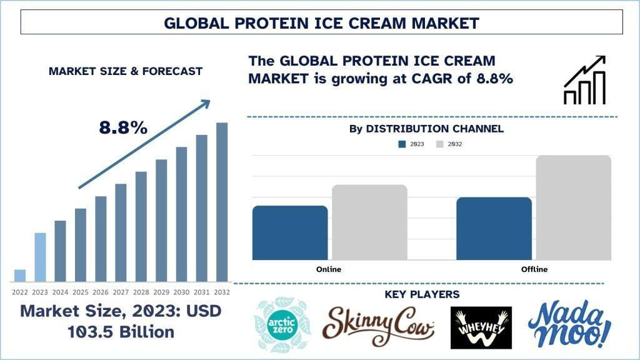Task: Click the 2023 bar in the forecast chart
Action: [x=40, y=257]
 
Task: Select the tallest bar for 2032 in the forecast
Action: [x=222, y=202]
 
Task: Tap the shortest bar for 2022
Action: [x=20, y=276]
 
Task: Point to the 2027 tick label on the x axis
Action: [x=121, y=292]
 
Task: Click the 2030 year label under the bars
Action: [x=181, y=292]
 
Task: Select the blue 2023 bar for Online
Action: [x=290, y=232]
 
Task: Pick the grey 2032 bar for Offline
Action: [x=574, y=207]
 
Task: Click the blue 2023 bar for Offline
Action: [x=494, y=229]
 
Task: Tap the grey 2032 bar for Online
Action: [x=369, y=222]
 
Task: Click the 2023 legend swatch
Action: [x=402, y=144]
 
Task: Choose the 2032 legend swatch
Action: [x=439, y=144]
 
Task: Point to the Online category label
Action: [x=329, y=269]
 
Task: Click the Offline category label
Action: [x=534, y=269]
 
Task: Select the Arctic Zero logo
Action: [x=282, y=325]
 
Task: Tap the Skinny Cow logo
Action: [x=377, y=325]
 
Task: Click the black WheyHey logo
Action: [x=481, y=327]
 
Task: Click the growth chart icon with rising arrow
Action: [x=584, y=80]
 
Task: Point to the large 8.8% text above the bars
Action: [x=123, y=127]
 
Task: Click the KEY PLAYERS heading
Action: [x=422, y=294]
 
